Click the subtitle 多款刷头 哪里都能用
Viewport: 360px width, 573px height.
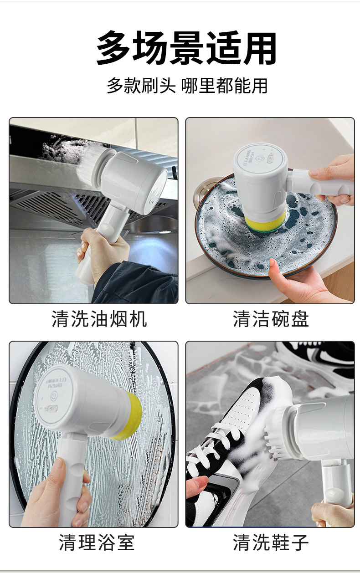(187, 86)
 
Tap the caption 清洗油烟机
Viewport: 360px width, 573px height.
(99, 319)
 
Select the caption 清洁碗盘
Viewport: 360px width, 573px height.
(271, 319)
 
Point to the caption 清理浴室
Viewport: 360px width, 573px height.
(97, 542)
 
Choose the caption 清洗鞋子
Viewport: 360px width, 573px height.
(271, 542)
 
